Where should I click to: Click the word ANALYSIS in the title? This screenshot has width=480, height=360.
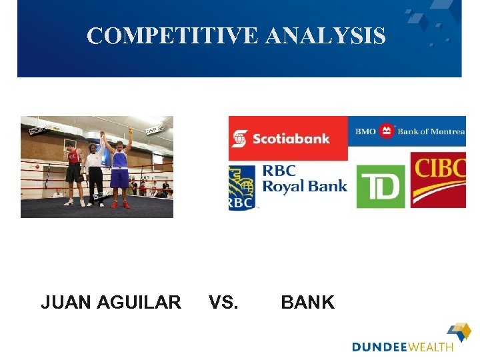point(325,35)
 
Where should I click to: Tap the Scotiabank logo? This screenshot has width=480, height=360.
point(288,138)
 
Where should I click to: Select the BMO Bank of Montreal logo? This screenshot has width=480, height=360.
point(407,131)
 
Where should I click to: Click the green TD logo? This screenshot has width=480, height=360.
point(381,187)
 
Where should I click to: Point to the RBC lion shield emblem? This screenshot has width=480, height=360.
point(241,187)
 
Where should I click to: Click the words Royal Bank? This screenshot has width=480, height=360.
point(305,185)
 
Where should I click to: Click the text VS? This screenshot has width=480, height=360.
point(223,303)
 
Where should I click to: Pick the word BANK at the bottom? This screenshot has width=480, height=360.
point(307,303)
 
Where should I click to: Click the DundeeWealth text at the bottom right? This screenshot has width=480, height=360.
point(402,347)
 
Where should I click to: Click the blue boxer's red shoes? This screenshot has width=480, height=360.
point(119,204)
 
